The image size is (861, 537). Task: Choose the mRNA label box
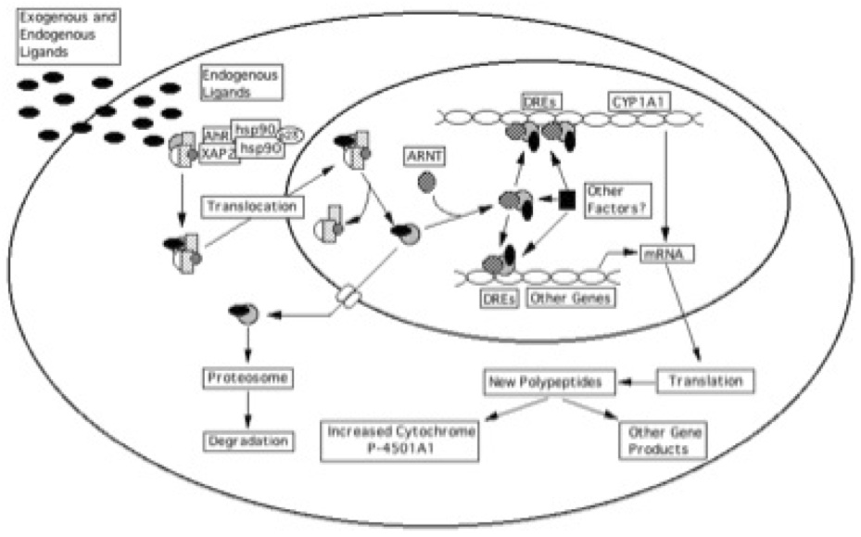coord(662,251)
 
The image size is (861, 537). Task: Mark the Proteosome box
coord(248,378)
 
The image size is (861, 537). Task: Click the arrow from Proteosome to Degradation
coord(249,408)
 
